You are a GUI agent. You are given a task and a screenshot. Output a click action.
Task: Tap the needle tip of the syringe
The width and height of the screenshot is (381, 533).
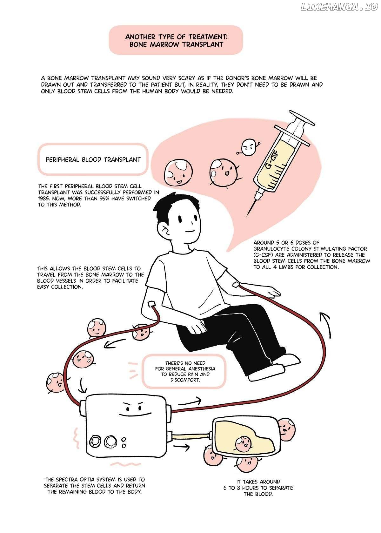pos(247,217)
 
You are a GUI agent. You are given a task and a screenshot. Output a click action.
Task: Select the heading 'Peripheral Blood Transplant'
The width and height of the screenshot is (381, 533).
pos(93,160)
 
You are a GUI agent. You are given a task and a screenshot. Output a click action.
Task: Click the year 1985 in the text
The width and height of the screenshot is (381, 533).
pos(44,199)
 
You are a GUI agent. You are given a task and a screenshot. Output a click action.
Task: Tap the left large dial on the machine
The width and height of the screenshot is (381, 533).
pos(96,442)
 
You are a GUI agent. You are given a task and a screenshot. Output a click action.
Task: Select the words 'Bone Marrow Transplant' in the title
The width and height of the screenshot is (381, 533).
pos(176,44)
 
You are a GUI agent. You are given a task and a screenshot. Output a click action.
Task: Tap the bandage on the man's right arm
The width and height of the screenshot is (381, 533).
pos(151,304)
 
